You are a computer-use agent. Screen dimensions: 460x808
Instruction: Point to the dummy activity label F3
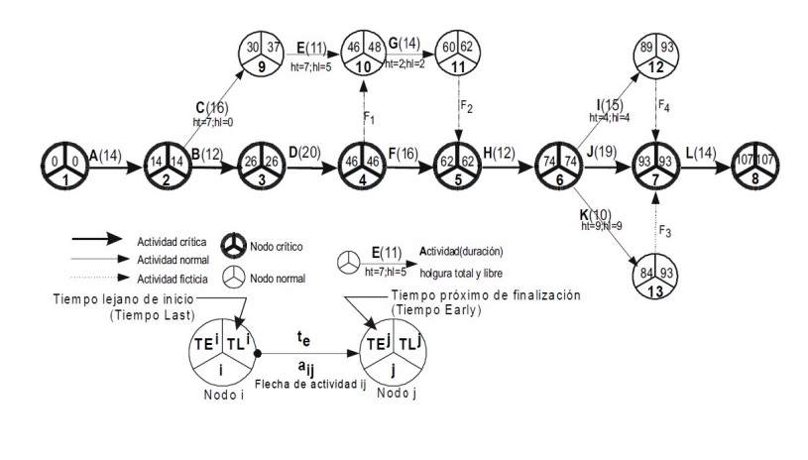click(x=667, y=230)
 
